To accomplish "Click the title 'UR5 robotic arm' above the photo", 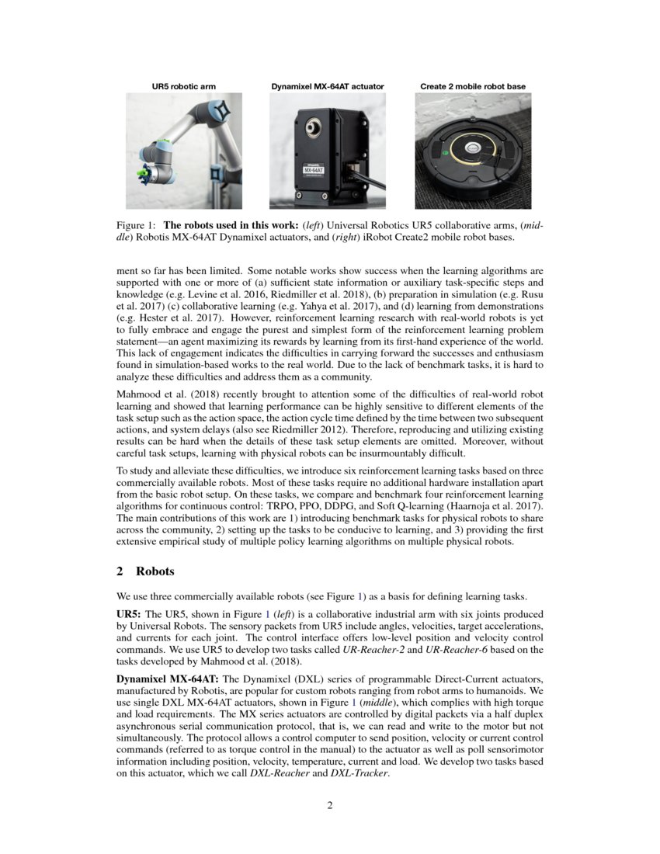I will coord(184,86).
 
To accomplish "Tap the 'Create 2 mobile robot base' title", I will coord(473,86).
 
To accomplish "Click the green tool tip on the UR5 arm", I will coord(141,170).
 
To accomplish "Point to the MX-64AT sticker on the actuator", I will coord(312,171).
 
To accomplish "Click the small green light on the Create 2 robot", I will coord(445,154).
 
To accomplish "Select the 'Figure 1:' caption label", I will coord(133,225).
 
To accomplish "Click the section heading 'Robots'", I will coord(155,571).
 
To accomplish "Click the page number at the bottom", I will coord(330,805).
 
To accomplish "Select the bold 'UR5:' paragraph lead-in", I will coord(128,613).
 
